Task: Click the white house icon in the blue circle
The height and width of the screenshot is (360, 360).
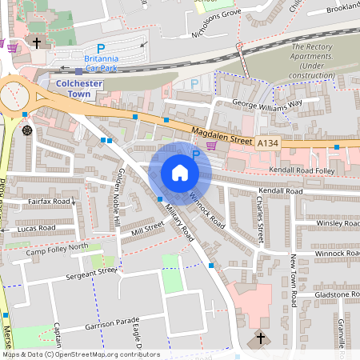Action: click(x=180, y=173)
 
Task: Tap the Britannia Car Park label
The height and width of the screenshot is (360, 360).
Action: click(x=101, y=62)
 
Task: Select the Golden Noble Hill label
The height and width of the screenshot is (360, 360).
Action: click(x=118, y=196)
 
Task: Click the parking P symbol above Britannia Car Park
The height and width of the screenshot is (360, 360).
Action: click(x=101, y=49)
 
